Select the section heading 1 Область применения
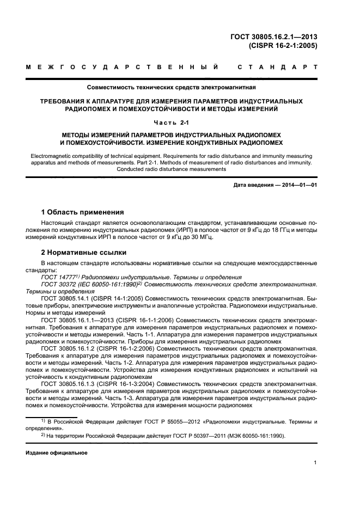83,212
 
